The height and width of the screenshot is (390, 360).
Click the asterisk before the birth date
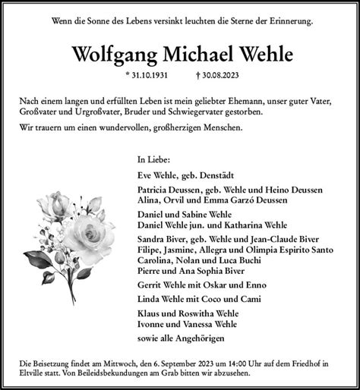tap(128, 76)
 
